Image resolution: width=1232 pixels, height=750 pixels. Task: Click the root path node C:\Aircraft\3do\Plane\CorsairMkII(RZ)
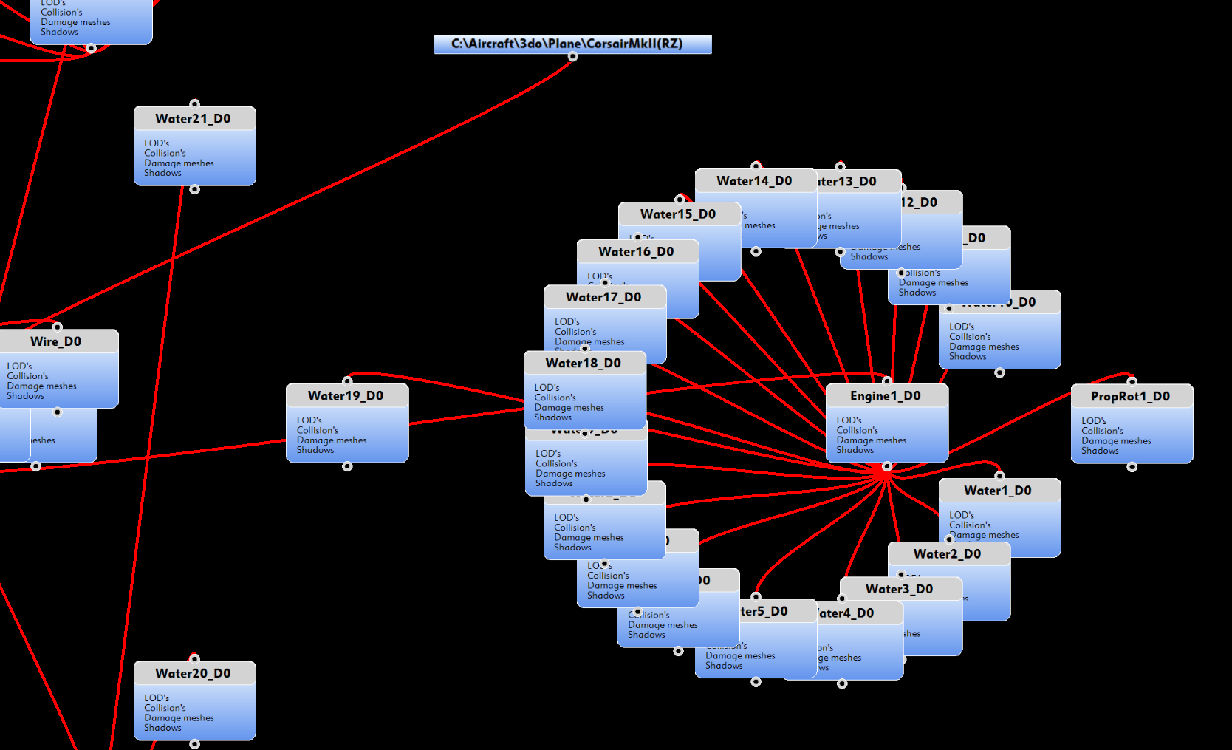[x=572, y=44]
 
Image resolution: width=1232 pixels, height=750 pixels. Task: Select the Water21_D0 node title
[x=194, y=119]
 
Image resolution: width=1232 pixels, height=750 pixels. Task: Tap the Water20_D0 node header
[x=194, y=673]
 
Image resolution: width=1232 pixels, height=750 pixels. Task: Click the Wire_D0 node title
[x=56, y=341]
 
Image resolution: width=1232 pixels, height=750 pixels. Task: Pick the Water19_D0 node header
[x=346, y=396]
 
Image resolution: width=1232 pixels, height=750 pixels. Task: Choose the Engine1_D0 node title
[x=886, y=396]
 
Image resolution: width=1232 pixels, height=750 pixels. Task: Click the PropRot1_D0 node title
[x=1130, y=397]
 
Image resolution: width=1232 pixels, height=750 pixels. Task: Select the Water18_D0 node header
[x=584, y=363]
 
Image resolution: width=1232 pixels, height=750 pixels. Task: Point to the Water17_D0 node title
[x=603, y=297]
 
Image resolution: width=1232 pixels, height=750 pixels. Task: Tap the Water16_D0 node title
[x=636, y=252]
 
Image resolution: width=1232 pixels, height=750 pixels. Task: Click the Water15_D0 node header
[x=678, y=214]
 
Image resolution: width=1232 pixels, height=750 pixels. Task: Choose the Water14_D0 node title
[x=754, y=181]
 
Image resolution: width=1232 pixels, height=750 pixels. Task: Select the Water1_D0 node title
[x=998, y=491]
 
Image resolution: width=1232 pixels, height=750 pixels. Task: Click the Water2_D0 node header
[x=948, y=554]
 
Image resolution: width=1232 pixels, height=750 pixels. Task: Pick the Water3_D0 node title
[x=900, y=589]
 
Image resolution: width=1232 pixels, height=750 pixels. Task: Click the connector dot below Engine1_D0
[x=887, y=466]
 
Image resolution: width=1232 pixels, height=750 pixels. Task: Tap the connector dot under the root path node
[x=572, y=57]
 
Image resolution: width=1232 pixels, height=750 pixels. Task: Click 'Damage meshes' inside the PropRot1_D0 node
[x=1116, y=441]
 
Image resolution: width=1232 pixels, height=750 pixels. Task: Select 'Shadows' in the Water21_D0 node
[x=162, y=173]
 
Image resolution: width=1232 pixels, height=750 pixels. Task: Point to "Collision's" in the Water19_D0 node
[x=318, y=430]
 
